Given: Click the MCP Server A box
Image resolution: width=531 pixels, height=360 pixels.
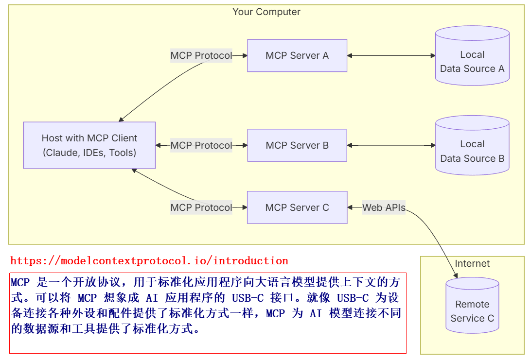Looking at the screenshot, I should pos(297,55).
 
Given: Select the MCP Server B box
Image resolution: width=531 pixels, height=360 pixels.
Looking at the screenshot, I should pos(297,145).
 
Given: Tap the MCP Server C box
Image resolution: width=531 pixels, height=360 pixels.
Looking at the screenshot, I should pos(297,207).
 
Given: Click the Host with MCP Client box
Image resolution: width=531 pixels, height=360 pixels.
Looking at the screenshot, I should pos(89,145).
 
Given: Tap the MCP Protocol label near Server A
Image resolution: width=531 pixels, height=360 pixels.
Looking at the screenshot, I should pos(201,55).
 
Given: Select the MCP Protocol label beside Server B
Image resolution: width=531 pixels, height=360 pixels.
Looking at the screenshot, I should pos(201,145).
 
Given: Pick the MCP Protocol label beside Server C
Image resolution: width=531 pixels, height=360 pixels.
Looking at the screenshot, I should pos(201,207).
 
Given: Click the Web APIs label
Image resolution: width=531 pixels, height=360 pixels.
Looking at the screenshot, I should pos(384,207).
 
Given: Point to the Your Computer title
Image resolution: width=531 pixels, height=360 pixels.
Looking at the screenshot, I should pos(266,12).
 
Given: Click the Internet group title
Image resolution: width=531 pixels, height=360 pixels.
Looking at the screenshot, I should pos(472,264).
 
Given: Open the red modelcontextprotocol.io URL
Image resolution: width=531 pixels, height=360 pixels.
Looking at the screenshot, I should pos(149,261).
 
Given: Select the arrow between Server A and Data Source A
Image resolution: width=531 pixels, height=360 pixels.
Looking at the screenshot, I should pos(391,55).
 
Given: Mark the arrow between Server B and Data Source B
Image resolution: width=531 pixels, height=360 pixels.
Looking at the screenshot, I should pos(391,145).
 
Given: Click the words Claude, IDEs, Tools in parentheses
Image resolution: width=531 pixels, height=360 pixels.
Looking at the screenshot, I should pos(89,153).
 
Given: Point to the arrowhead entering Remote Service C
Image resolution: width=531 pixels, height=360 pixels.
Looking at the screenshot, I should pos(456,275).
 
